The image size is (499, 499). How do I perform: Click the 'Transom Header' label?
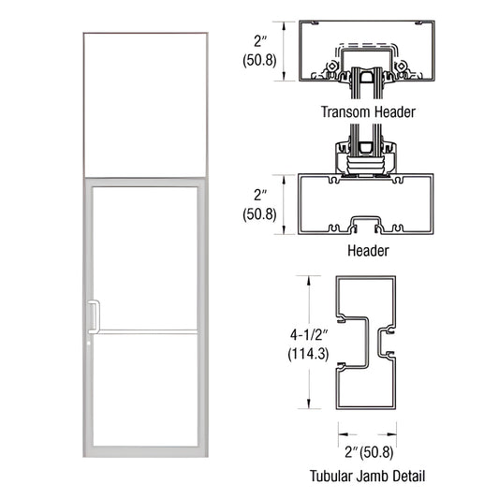[x=368, y=111]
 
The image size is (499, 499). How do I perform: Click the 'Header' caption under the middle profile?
[x=368, y=252]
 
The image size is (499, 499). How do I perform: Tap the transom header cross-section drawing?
[x=368, y=51]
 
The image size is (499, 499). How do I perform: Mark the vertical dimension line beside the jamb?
[x=305, y=342]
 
